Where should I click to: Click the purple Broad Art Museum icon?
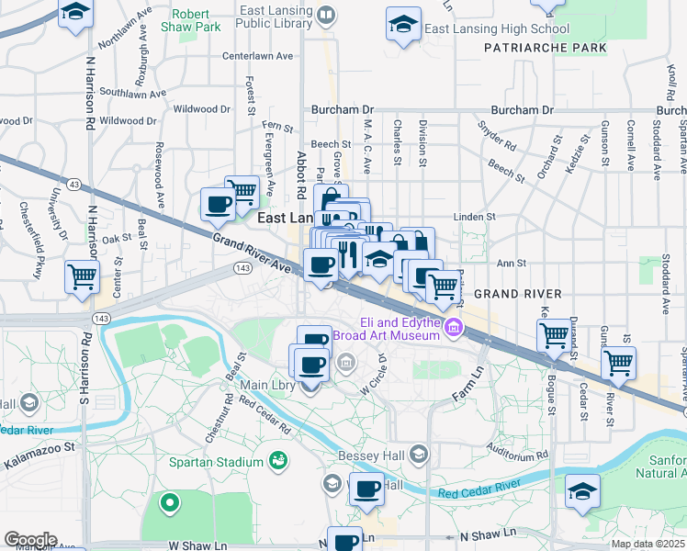452,327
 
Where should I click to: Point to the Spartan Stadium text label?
217,461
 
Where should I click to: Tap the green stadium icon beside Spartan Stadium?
276,460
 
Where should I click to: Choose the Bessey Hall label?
375,454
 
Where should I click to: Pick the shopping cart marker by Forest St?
242,191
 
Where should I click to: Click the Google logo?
30,539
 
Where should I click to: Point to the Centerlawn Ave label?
256,55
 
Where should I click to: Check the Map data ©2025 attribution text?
648,544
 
